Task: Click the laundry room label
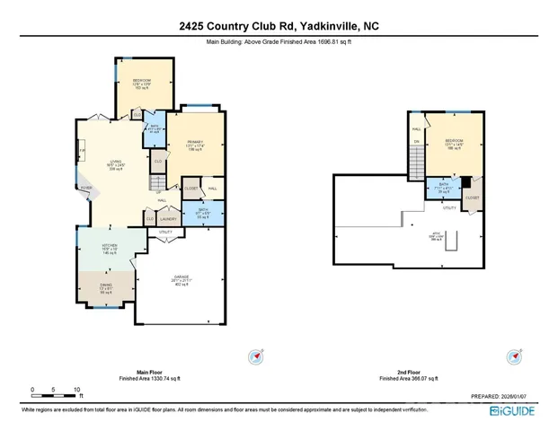pos(167,218)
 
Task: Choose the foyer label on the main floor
pos(86,189)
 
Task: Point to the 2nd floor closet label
pos(473,197)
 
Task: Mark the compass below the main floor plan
pos(253,356)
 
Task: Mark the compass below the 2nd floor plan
pos(515,356)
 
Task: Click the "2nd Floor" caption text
pos(408,372)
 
